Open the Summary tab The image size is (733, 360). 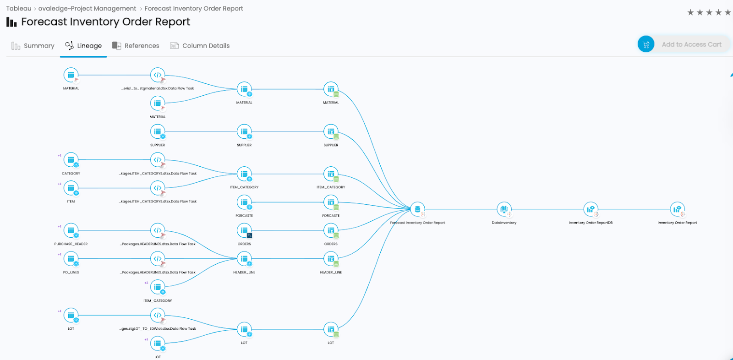pos(33,46)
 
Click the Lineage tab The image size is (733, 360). pos(83,46)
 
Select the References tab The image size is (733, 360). pos(136,46)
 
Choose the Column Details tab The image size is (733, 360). pos(200,46)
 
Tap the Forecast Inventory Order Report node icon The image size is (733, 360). pos(417,209)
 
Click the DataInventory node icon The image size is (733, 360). pos(504,209)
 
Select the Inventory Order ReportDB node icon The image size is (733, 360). pos(591,209)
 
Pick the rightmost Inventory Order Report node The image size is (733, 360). pos(677,209)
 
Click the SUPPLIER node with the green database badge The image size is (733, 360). pos(331,131)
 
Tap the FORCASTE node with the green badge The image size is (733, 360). pos(331,202)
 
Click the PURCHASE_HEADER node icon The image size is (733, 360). pos(71,230)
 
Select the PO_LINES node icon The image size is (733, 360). pos(71,259)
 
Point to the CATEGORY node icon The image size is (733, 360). pos(71,160)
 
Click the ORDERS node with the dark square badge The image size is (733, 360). pos(244,230)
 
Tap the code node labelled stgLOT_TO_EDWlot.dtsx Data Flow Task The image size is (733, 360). pos(158,315)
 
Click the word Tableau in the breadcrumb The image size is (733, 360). pos(19,9)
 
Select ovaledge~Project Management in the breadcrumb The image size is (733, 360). pos(87,9)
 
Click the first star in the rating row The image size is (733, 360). pos(690,12)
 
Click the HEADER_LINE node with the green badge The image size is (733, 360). pos(331,259)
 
